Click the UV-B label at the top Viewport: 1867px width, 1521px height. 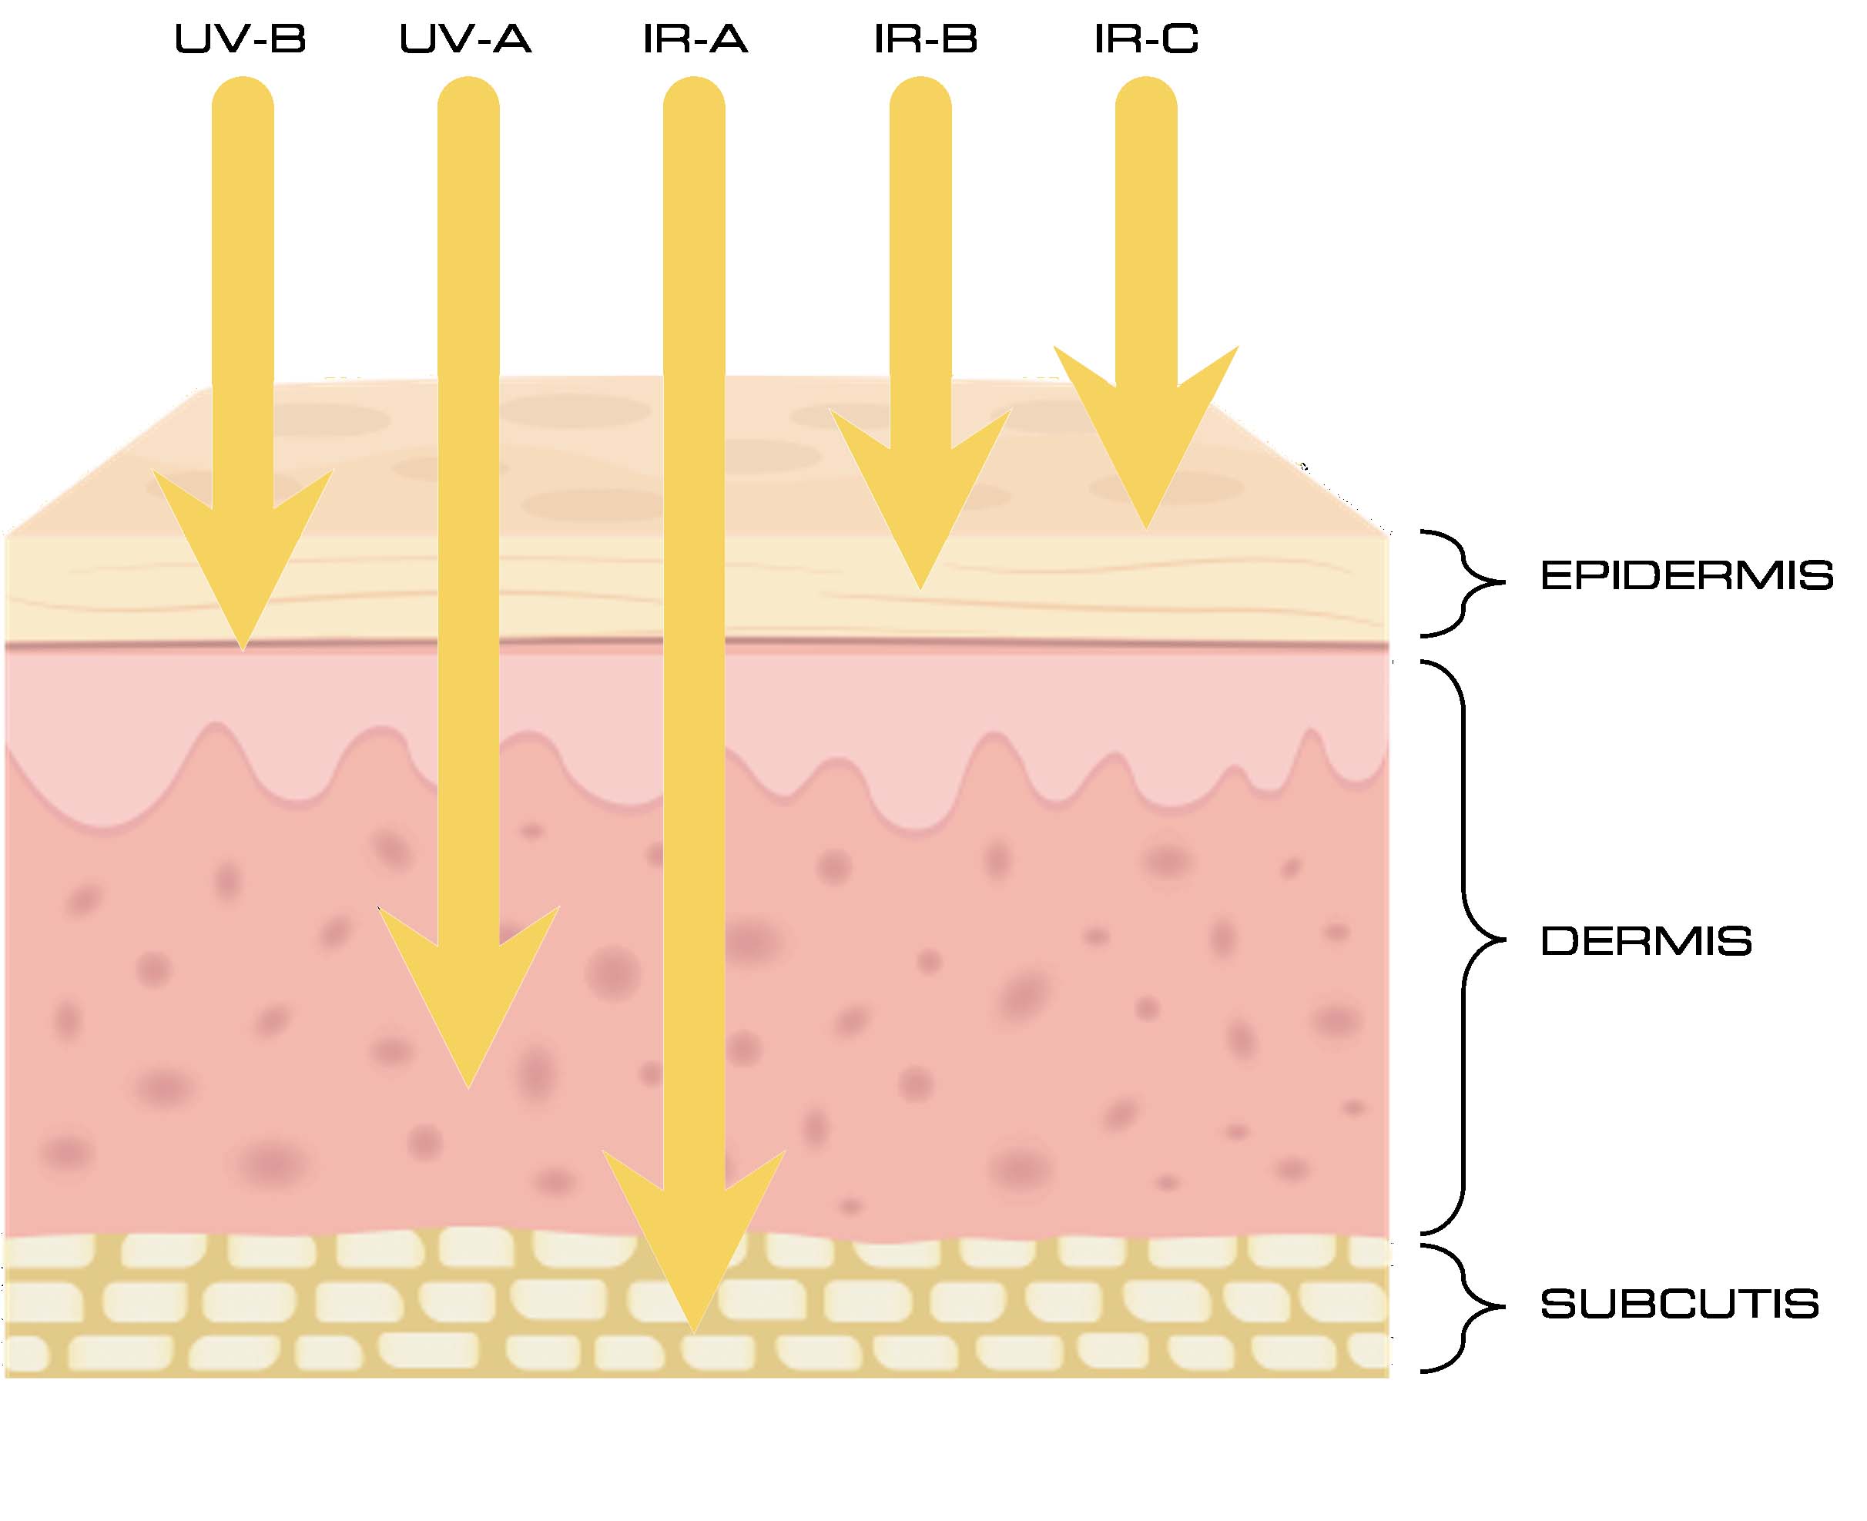point(240,39)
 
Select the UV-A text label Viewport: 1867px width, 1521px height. point(465,39)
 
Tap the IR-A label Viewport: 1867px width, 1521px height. point(695,39)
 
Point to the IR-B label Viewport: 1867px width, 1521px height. point(925,39)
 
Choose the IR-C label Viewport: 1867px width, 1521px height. point(1146,39)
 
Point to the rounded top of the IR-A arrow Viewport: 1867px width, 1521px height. point(694,96)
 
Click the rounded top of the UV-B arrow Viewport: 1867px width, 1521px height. point(243,96)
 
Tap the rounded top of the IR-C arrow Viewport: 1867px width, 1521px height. point(1146,96)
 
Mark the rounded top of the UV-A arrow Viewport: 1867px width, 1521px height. point(469,96)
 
